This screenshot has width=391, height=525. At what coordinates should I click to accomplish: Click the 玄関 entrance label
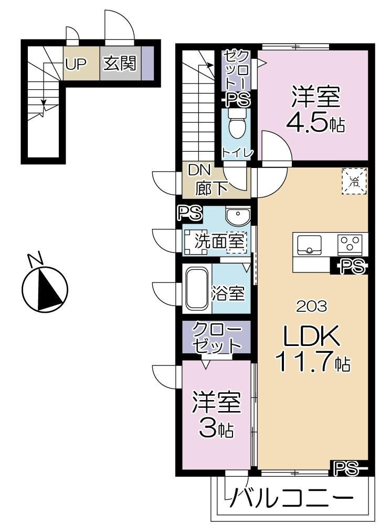(x=120, y=64)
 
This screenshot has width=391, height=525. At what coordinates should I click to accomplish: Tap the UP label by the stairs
(x=76, y=64)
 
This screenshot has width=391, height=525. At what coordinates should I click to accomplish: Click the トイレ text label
(x=238, y=153)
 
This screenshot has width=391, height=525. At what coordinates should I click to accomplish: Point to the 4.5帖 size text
(x=315, y=122)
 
